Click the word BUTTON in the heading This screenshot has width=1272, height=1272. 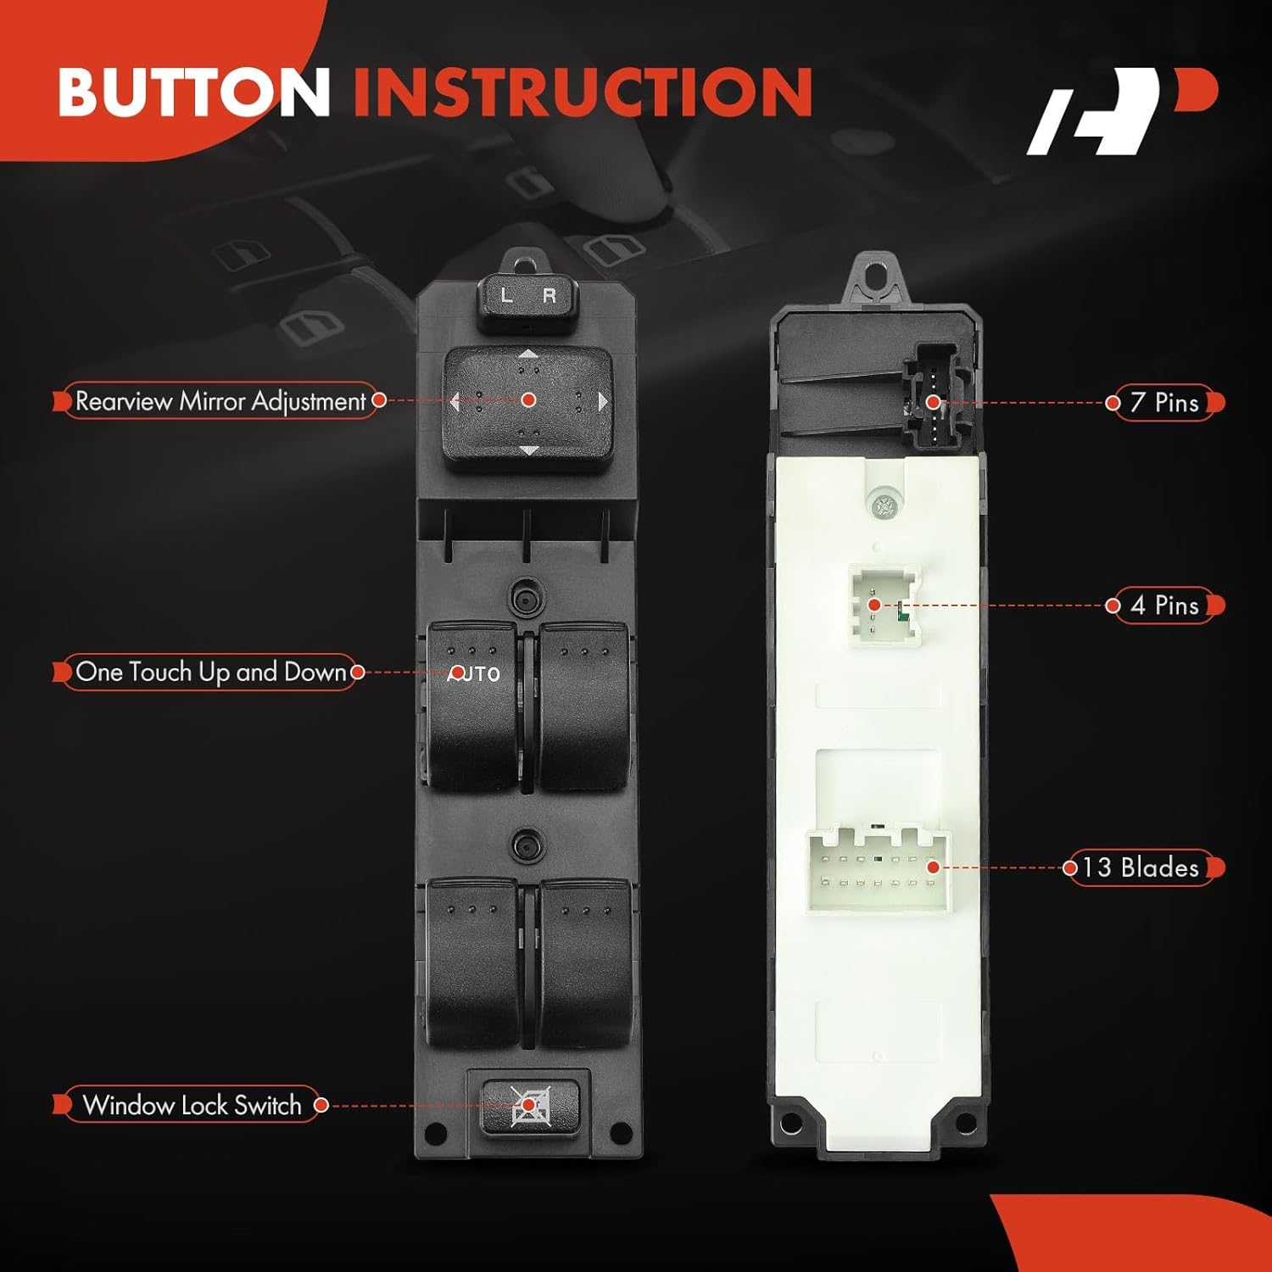[193, 92]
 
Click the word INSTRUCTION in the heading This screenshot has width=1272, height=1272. [583, 92]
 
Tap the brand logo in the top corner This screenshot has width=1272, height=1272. [1121, 111]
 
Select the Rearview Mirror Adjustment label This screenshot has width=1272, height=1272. [220, 401]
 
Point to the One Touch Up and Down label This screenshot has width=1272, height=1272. [210, 672]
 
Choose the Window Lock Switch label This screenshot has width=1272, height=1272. [192, 1105]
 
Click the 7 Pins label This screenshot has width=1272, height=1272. [1164, 403]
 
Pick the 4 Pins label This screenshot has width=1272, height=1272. [1164, 605]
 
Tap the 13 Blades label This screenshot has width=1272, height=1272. [1141, 868]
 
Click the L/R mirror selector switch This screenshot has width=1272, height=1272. [527, 298]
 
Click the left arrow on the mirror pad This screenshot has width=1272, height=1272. [455, 401]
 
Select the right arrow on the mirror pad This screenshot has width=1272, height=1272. [603, 401]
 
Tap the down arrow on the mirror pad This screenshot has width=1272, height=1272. [528, 450]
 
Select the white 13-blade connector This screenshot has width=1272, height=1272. [878, 872]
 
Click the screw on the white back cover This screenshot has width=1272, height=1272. [884, 507]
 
